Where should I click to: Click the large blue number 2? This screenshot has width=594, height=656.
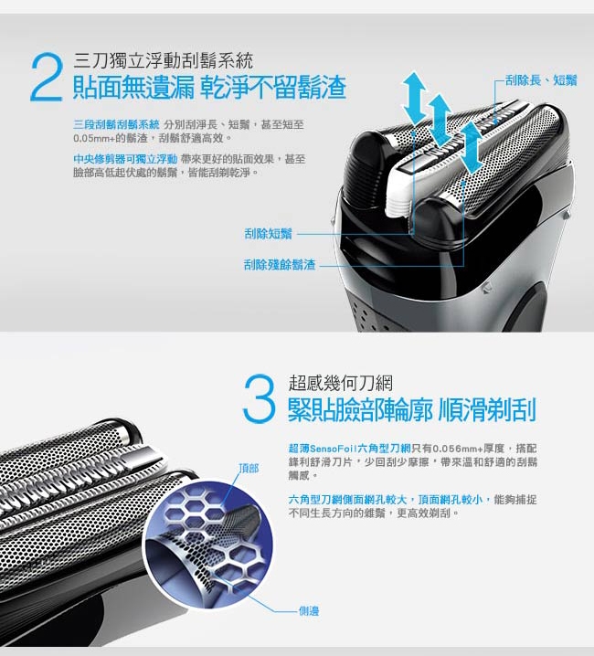pos(46,77)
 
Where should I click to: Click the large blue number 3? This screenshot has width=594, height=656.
pos(260,397)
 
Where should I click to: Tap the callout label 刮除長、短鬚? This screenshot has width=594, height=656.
pos(541,80)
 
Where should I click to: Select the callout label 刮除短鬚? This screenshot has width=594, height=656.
pos(268,234)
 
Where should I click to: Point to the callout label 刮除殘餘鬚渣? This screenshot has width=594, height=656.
pos(280,265)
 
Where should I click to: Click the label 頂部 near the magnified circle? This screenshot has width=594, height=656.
pos(249,468)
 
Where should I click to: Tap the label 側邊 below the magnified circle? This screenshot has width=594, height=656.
pos(309,611)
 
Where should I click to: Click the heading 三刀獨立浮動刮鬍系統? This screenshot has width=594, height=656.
pos(164,61)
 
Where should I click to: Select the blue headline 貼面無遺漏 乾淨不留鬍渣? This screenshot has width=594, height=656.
pos(209,88)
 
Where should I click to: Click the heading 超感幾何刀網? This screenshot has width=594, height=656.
pos(341,383)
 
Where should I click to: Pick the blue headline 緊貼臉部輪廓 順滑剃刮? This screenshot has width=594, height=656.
pos(412,410)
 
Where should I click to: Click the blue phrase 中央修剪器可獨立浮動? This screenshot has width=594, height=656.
pos(125,159)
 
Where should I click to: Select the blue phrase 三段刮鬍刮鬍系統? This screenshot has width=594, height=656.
pos(116,124)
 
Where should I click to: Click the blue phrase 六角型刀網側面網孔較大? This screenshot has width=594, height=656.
pos(347,500)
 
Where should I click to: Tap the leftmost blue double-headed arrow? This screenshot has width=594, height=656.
pos(414,99)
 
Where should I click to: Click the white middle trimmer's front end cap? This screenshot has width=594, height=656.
pos(398,196)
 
